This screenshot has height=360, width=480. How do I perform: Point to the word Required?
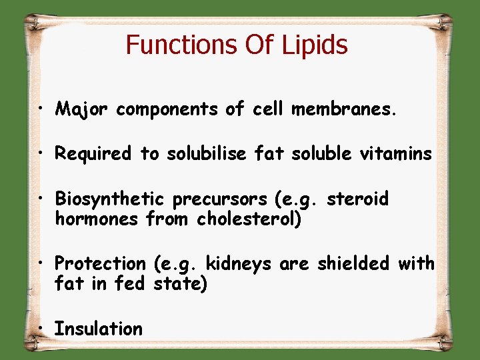(x=93, y=155)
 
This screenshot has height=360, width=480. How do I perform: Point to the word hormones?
(x=97, y=219)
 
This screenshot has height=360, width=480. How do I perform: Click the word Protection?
(x=100, y=264)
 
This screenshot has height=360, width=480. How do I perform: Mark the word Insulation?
(x=99, y=329)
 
